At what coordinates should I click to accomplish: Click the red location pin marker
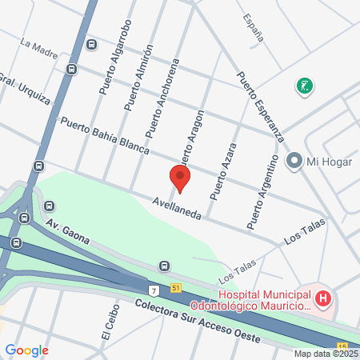[x=180, y=177]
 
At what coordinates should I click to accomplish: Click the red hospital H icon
[x=323, y=300]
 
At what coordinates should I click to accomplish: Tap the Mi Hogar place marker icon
[x=294, y=161]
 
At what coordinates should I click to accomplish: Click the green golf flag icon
[x=304, y=85]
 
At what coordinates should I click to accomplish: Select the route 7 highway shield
[x=153, y=288]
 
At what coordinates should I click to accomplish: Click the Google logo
[x=26, y=350]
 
